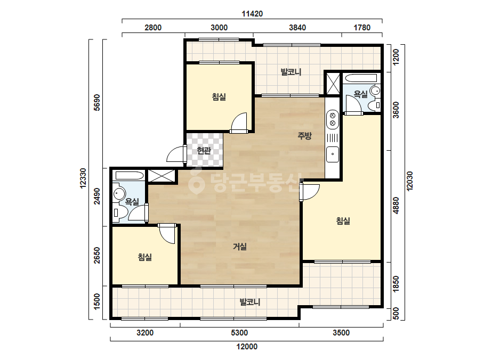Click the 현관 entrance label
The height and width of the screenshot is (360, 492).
[x=204, y=151]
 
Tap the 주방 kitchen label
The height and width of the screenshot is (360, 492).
[x=304, y=136]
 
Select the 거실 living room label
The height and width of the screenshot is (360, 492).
[x=240, y=247]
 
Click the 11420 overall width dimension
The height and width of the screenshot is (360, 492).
[x=252, y=14]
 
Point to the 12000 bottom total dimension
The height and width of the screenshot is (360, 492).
[x=247, y=347]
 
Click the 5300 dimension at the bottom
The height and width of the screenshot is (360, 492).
[x=239, y=333]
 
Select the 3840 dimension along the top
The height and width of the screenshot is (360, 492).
[x=297, y=28]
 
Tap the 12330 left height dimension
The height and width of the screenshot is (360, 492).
[x=83, y=178]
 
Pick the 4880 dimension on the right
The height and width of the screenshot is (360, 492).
[x=396, y=206]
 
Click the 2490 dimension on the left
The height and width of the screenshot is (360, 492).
[x=97, y=197]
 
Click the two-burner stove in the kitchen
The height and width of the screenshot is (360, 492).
[x=333, y=119]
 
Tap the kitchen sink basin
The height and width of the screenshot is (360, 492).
[x=333, y=154]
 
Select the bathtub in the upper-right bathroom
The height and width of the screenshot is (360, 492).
[x=360, y=78]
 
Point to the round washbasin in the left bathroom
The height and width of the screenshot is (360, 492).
[x=119, y=194]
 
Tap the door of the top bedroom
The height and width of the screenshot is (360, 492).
[x=239, y=122]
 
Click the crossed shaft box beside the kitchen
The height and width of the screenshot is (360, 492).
[x=333, y=84]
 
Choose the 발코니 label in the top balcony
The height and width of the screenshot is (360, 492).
[x=291, y=72]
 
